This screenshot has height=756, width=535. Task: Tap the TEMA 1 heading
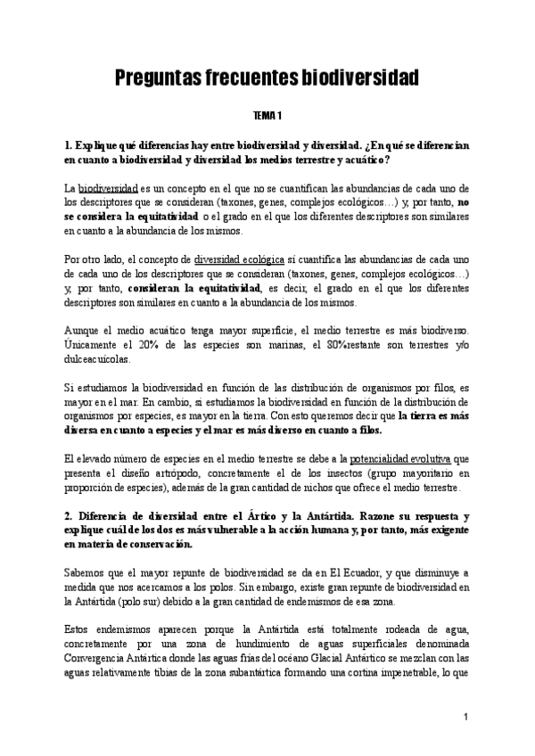point(267,116)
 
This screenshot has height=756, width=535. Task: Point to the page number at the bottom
point(466,717)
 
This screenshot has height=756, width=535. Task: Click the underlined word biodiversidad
point(108,190)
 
